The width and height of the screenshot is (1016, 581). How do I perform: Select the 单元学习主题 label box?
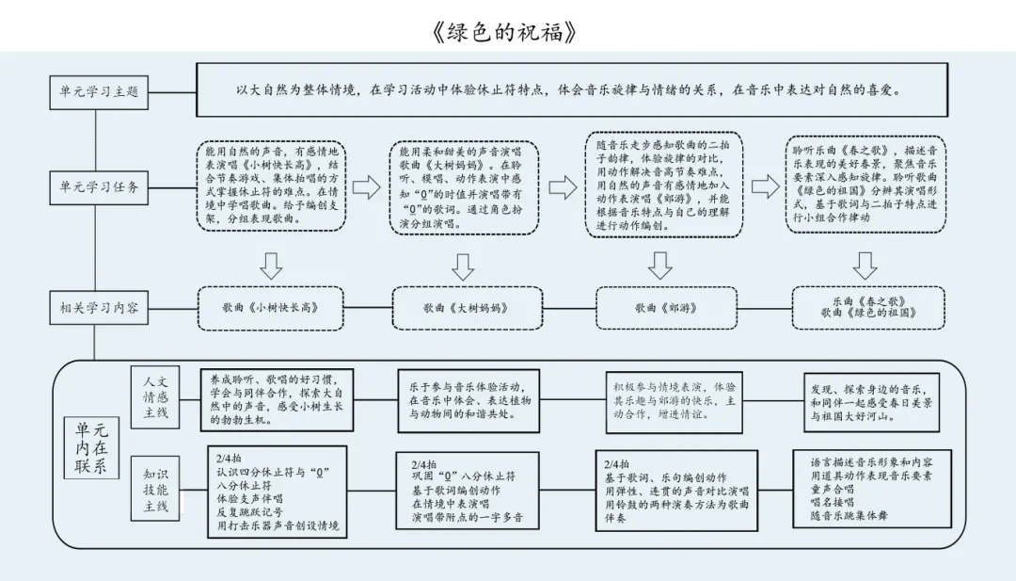coord(99,91)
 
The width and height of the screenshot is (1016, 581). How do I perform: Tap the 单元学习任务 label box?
coord(99,187)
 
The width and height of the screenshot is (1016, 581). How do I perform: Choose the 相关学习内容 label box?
coord(99,307)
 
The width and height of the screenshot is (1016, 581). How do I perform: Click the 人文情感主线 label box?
coord(155,396)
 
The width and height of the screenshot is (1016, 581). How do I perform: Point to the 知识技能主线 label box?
coord(155,491)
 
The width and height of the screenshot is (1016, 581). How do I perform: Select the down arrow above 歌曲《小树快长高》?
coord(271,266)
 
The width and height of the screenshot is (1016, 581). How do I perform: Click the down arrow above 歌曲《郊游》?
coord(660,266)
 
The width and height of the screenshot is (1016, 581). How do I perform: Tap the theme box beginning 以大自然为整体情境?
coord(567,90)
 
